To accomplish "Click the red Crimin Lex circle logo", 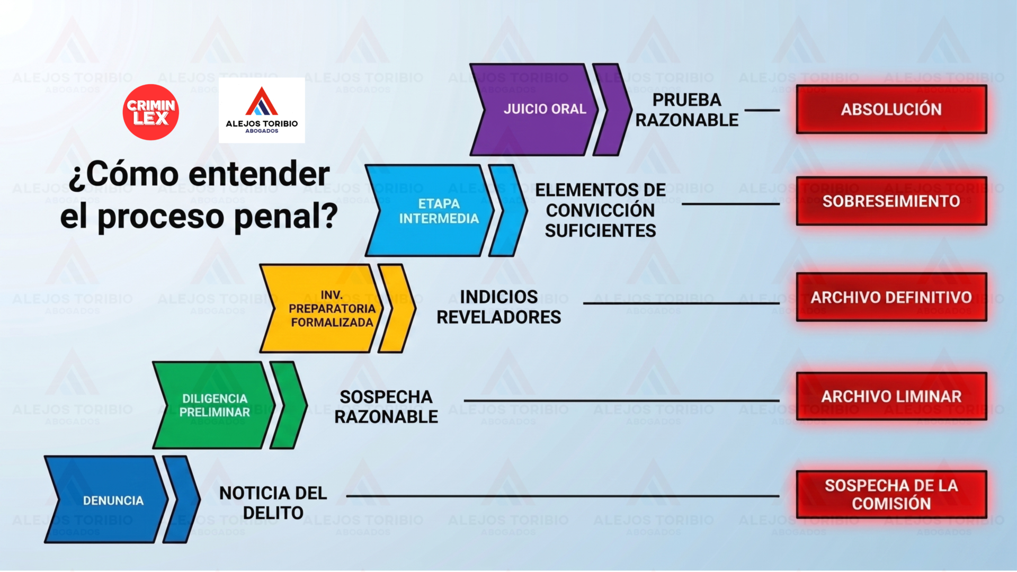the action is point(150,112).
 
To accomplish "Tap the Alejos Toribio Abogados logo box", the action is point(262,110).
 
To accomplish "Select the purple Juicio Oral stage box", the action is point(534,110).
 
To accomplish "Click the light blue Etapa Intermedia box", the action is point(430,211).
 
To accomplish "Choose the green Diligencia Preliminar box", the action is point(214,405).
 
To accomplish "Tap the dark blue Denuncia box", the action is point(106,499).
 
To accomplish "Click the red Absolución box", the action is point(891,109).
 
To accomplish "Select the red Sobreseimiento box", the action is point(891,201).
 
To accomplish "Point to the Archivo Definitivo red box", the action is point(891,297).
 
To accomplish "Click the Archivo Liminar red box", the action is point(891,396).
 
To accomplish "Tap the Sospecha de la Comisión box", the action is point(891,494).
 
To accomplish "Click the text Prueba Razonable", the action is point(686,110).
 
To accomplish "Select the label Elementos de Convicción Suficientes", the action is point(600,210).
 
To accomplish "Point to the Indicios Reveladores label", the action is point(498,307).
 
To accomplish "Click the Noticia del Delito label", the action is point(273,503).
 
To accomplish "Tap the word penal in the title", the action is point(286,217).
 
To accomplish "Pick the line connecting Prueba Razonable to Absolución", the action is point(762,110).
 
